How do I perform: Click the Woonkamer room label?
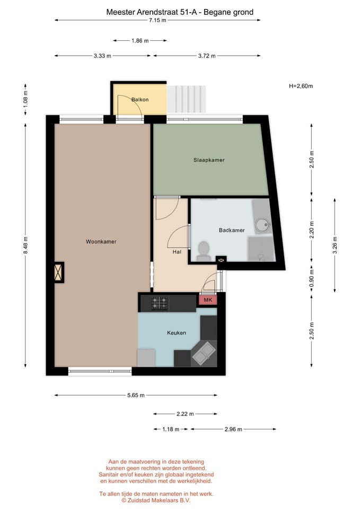101,242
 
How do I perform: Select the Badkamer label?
232,230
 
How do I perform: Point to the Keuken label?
177,333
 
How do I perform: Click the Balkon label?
140,100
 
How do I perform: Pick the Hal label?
177,252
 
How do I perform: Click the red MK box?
207,300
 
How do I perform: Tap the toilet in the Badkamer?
204,251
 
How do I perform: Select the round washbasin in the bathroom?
262,225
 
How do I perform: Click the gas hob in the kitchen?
160,303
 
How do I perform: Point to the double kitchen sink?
204,353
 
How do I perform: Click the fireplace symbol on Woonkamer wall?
58,273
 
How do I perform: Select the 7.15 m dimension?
157,20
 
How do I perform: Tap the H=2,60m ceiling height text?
301,86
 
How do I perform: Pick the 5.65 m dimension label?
136,395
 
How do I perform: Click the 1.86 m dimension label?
140,40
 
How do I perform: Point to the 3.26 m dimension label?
334,245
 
